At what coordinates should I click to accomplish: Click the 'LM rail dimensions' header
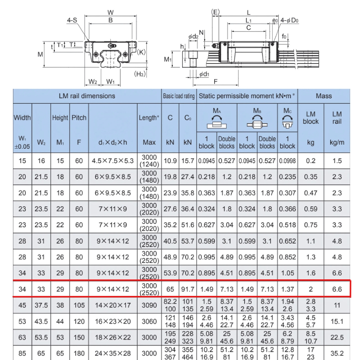point(87,96)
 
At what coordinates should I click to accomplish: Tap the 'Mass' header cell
point(324,96)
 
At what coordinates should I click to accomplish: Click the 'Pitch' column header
point(79,118)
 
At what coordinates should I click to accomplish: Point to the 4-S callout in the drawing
point(72,21)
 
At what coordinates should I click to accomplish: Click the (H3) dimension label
point(140,74)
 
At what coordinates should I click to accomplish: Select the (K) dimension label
point(141,52)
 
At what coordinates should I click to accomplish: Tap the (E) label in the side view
point(215,12)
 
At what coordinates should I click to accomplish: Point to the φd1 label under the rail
point(204,74)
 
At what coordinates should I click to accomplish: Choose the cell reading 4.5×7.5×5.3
point(113,161)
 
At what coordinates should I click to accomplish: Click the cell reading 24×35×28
point(113,353)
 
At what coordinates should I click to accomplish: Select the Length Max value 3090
point(149,305)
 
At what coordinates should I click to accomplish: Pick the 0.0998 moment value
point(287,161)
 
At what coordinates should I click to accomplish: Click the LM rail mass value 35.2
point(337,353)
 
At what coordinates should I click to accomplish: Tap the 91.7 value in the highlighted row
point(188,289)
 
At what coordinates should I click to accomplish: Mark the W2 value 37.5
point(41,305)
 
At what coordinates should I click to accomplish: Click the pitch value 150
point(79,337)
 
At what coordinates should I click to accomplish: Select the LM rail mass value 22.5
point(337,337)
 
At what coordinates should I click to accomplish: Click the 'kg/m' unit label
point(337,142)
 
